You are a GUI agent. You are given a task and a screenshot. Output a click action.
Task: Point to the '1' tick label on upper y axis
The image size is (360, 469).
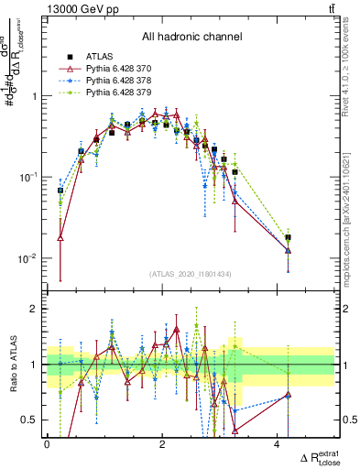[36, 96]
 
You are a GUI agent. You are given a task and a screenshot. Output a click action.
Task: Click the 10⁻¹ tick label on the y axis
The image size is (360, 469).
[29, 177]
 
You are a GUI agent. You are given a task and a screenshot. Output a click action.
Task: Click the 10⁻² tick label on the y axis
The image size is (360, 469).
[29, 258]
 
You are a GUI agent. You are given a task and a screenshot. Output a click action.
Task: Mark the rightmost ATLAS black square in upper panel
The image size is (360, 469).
[288, 237]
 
